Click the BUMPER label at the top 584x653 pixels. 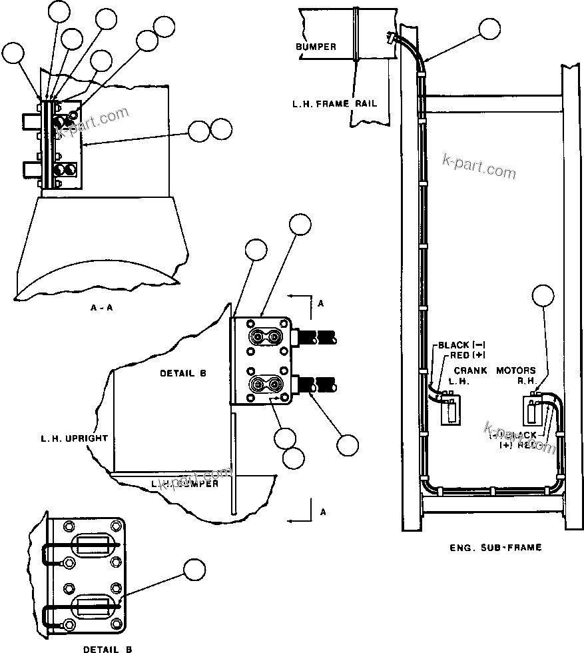[x=316, y=47]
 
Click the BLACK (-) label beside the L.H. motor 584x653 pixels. [x=460, y=345]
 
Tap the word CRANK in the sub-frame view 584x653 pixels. [x=469, y=370]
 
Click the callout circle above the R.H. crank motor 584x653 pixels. [x=545, y=296]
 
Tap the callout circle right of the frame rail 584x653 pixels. [x=489, y=29]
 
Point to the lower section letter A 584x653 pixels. [x=322, y=512]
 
